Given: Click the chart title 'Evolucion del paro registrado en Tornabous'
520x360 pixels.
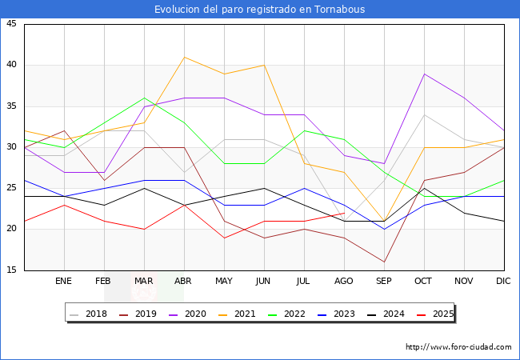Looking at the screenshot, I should click(x=260, y=10).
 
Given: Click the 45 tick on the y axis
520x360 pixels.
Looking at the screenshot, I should click(x=11, y=24).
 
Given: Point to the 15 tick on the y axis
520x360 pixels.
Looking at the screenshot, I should click(x=11, y=270).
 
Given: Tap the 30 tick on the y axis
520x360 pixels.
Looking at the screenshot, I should click(x=11, y=147).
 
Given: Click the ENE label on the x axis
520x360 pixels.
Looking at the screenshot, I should click(x=64, y=282).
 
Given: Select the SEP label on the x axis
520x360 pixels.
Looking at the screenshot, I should click(x=384, y=282).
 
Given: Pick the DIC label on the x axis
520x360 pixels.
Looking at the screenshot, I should click(x=503, y=282).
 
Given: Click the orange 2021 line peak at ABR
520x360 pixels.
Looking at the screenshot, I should click(x=184, y=57).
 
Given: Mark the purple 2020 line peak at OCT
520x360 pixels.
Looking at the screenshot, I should click(x=424, y=74).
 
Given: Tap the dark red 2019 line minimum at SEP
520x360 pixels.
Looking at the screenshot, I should click(x=384, y=262).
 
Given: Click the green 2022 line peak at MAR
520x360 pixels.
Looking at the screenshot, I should click(x=144, y=98).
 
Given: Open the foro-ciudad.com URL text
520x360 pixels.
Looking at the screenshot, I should click(x=458, y=347).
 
